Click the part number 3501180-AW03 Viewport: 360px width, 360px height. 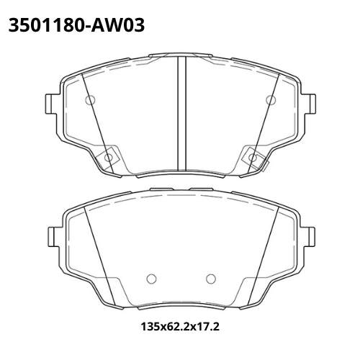click(x=76, y=25)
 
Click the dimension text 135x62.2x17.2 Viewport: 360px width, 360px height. click(x=180, y=326)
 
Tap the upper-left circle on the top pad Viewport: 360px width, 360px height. click(x=90, y=100)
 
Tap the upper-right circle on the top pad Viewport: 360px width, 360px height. click(x=271, y=100)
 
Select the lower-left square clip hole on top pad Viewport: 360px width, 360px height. click(x=108, y=157)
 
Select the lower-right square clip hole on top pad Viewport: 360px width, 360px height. click(x=253, y=158)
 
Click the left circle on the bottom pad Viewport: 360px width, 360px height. click(x=151, y=279)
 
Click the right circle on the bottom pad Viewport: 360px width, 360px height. click(x=211, y=279)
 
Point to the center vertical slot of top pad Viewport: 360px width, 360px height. click(x=182, y=114)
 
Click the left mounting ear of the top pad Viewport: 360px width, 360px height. click(x=52, y=104)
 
